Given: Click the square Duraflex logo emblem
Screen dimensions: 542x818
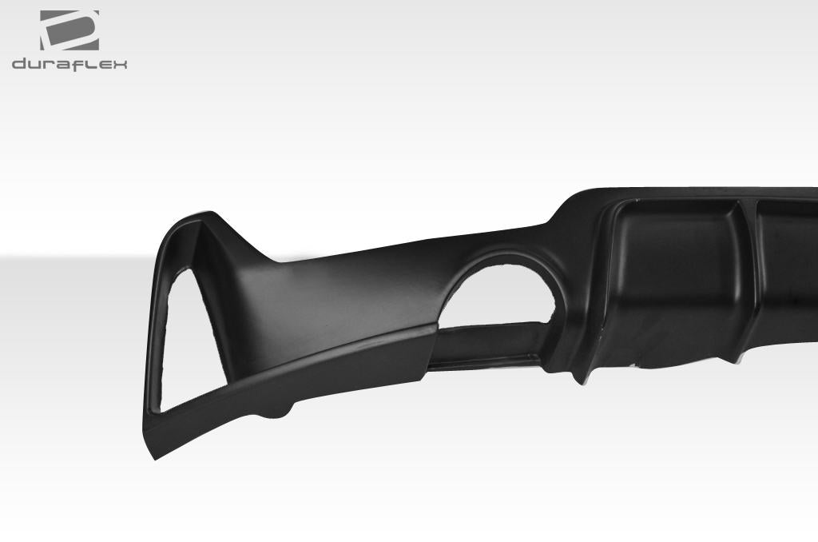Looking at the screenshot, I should [x=69, y=30].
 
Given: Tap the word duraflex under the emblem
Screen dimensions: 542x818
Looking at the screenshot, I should [x=69, y=64].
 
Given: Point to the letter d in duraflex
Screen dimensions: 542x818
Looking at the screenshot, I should [x=18, y=64].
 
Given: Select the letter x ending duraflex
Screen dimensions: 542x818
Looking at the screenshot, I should [x=121, y=64].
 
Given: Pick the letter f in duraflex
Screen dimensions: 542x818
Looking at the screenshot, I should [x=77, y=64].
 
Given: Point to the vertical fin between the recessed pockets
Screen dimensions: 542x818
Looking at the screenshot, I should [x=748, y=264].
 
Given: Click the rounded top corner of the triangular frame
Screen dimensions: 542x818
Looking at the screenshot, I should [x=192, y=219].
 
